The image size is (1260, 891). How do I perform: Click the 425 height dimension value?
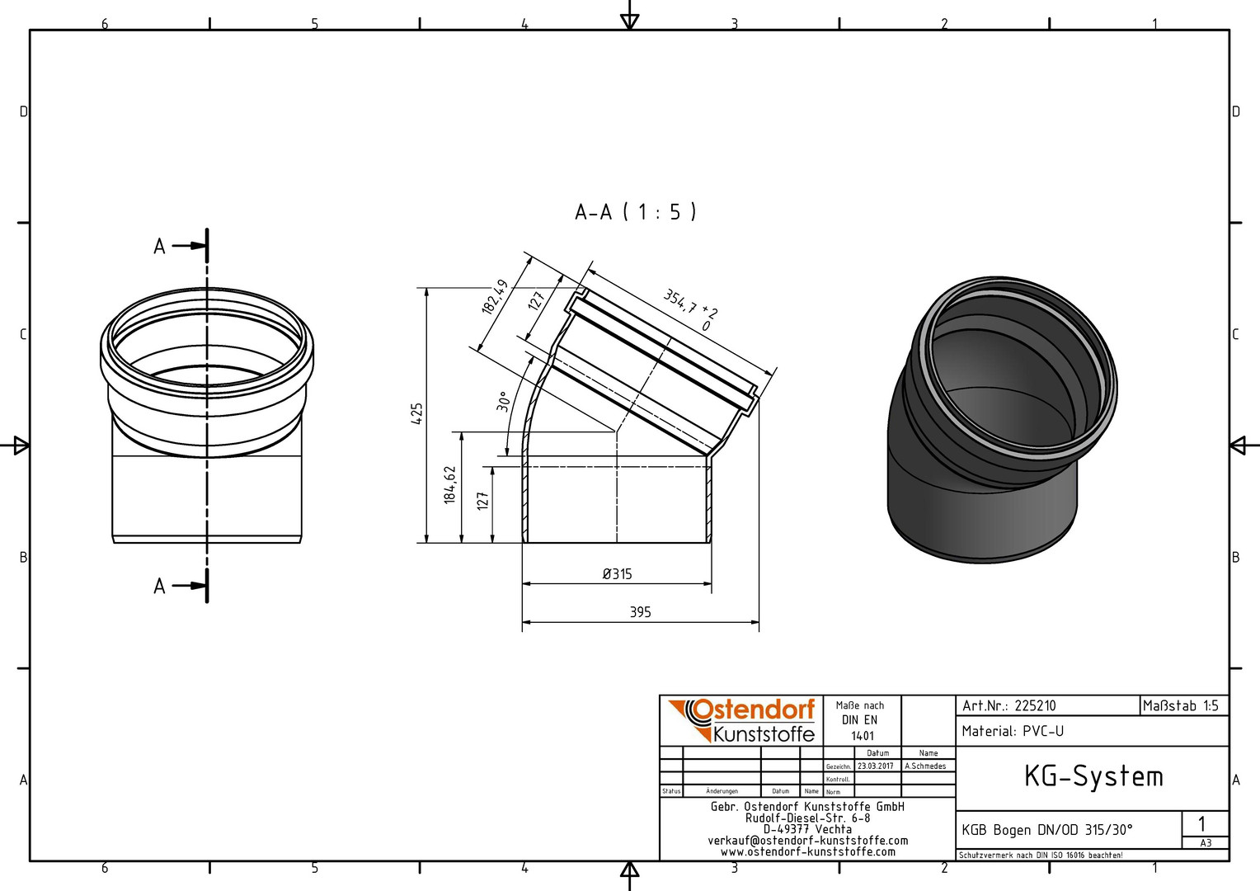(x=416, y=413)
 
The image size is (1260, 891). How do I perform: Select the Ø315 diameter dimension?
(x=617, y=574)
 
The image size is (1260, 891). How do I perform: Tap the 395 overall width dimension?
(x=640, y=612)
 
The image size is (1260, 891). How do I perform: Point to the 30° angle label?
(x=503, y=401)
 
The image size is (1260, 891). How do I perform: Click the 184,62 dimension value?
(x=450, y=484)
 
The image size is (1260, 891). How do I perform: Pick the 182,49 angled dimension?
(x=495, y=297)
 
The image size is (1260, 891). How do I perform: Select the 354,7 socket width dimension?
(x=689, y=309)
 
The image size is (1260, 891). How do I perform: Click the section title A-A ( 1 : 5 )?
(x=636, y=212)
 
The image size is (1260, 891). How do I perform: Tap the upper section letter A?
(x=160, y=247)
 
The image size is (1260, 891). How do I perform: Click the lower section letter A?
(x=160, y=587)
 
